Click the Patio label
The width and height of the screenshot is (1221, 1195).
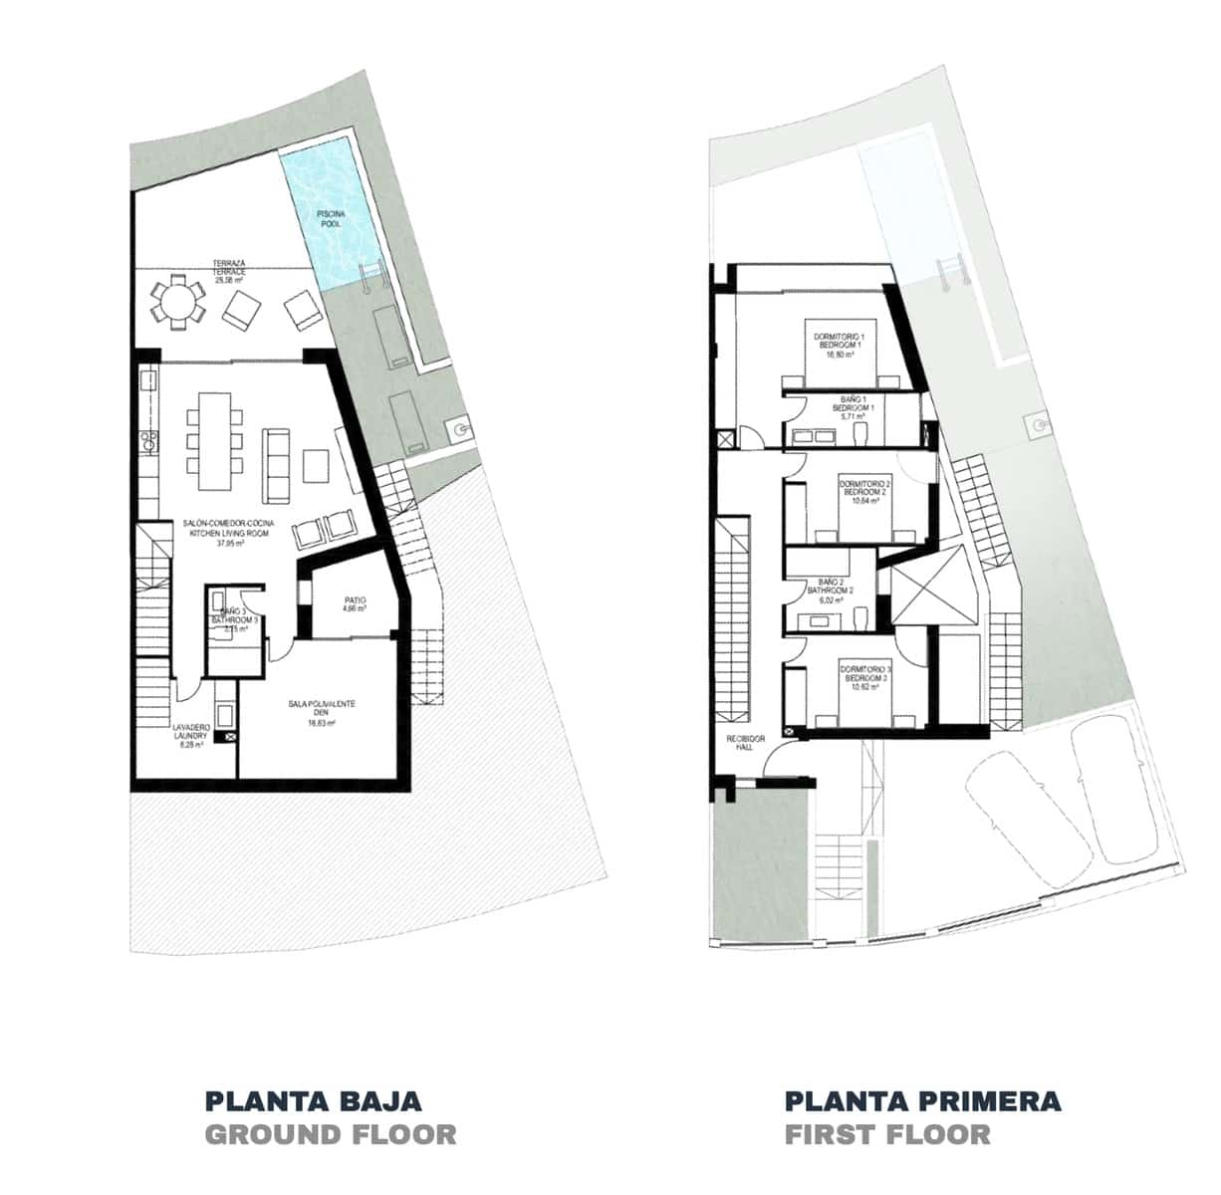(356, 604)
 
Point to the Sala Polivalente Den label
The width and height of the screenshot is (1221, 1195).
(321, 713)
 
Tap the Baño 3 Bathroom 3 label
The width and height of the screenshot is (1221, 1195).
(236, 618)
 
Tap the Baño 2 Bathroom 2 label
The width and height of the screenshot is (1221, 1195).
(835, 591)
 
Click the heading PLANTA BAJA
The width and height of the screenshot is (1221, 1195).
(313, 1100)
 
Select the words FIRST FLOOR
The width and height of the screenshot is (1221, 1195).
(887, 1134)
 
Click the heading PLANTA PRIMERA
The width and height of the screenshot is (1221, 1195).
(922, 1100)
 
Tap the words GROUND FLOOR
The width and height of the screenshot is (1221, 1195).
(330, 1134)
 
